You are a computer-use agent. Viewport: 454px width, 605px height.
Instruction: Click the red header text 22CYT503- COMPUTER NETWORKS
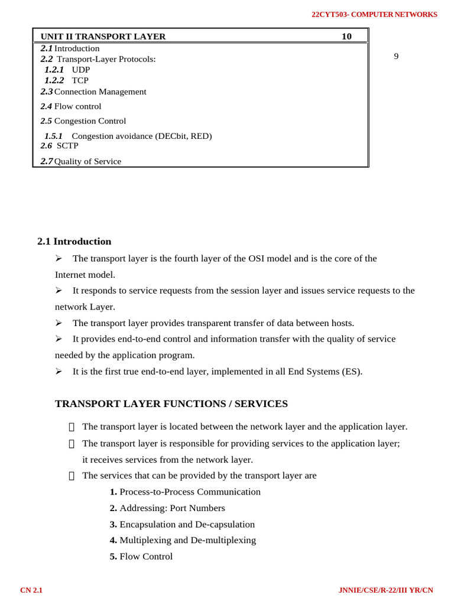coord(374,14)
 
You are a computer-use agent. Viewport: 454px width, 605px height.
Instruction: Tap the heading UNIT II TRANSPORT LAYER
coord(103,37)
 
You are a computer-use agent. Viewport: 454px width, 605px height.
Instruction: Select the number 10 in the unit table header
coord(346,37)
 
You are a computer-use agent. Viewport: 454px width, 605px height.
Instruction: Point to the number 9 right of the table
coord(396,56)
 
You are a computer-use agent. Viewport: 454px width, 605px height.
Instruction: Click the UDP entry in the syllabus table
coord(81,70)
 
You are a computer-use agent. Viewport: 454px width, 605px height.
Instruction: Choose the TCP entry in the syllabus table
coord(80,80)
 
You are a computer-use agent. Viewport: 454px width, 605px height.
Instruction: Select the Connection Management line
coord(100,92)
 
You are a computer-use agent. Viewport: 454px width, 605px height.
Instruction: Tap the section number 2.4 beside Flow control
coord(46,106)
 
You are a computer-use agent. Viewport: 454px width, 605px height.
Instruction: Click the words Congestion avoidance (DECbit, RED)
coord(141,136)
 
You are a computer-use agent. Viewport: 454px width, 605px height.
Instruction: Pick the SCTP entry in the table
coord(67,145)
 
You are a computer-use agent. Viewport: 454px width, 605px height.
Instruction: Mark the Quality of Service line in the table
coord(87,161)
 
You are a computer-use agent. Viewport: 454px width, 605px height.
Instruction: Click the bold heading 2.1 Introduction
coord(74,241)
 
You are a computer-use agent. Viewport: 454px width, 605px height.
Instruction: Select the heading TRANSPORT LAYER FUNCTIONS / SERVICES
coord(171,404)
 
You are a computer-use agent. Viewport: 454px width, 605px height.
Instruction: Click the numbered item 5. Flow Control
coord(141,556)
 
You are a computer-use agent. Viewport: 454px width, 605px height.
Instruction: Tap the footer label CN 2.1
coord(31,590)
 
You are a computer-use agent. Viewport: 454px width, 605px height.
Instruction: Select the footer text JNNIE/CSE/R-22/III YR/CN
coord(385,590)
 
